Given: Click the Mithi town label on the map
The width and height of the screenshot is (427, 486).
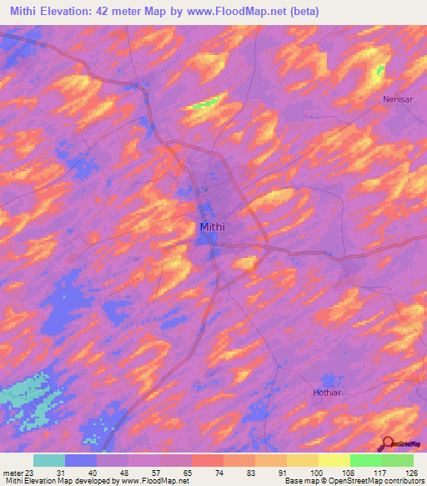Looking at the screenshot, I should coord(213,225).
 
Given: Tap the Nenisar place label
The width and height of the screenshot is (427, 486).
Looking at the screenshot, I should coord(397,99).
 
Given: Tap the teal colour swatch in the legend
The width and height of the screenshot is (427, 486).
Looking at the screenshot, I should coord(49,460).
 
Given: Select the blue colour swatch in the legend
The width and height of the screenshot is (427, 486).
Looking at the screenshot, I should coord(81,460).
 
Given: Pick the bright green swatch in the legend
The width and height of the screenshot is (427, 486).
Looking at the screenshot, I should coord(366,460).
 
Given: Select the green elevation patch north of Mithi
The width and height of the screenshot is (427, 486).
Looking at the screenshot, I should coord(207,104).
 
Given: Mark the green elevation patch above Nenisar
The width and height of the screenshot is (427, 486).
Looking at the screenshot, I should coord(379,70).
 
